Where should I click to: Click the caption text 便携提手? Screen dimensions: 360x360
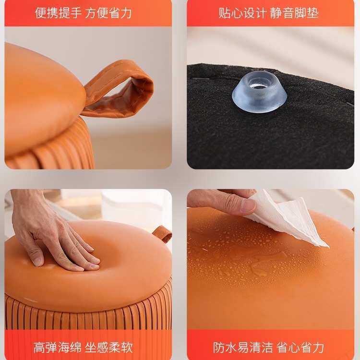click(x=58, y=13)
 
